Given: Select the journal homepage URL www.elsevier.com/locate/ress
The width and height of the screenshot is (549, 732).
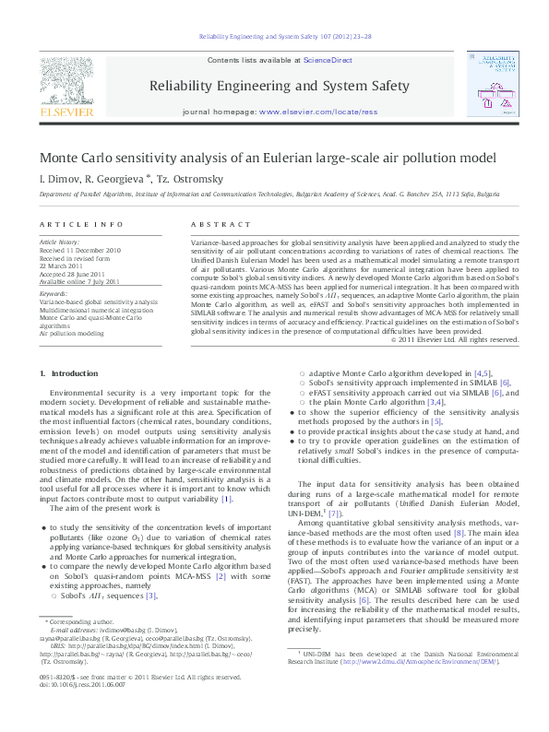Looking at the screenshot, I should (319, 111).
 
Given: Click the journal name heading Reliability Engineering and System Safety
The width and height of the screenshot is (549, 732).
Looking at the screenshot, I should (278, 87).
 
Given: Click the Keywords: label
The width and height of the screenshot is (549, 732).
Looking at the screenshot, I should (54, 293).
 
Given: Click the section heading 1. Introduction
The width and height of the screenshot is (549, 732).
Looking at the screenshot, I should (66, 373).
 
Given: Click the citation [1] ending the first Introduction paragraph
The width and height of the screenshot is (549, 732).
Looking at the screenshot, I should (251, 473).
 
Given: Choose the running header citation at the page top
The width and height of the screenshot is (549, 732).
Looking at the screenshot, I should (273, 37).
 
